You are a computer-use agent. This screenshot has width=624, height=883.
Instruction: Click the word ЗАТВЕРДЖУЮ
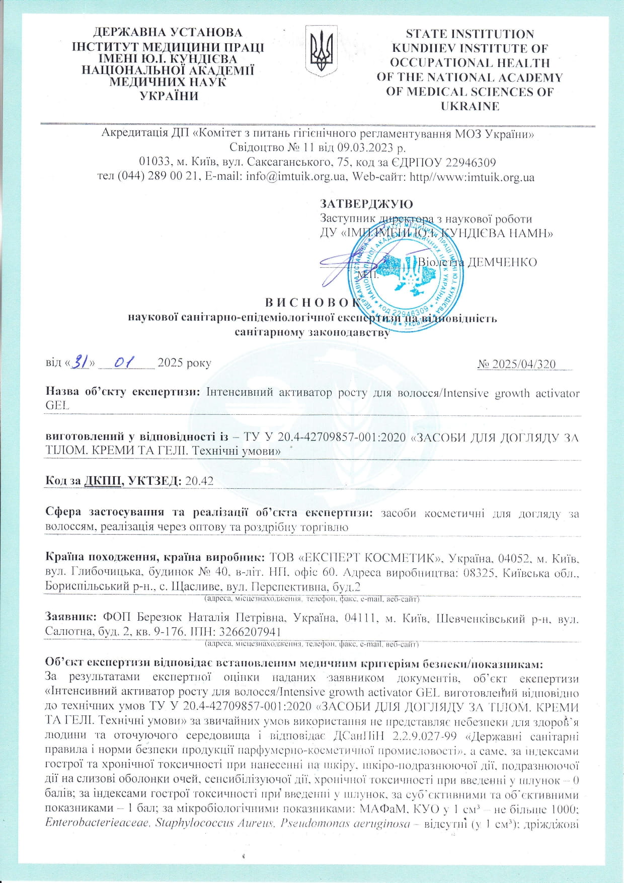point(366,204)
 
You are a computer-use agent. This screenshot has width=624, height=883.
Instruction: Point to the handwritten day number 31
point(81,362)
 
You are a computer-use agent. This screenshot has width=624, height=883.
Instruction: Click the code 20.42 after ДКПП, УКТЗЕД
point(199,481)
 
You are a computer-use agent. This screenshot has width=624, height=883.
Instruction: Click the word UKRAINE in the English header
point(470,106)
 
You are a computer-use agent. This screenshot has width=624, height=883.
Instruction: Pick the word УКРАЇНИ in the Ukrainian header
point(168,96)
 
